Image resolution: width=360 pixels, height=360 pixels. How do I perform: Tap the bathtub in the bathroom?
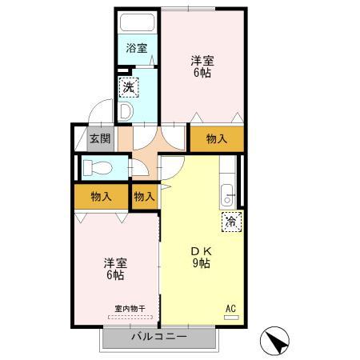tap(138, 22)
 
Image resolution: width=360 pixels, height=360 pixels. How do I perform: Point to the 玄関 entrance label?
tap(99, 138)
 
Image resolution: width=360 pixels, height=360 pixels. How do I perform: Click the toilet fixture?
tap(99, 168)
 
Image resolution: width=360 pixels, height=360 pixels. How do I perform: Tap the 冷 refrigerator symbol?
tap(230, 221)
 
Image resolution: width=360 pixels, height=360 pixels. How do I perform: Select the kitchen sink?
tap(227, 194)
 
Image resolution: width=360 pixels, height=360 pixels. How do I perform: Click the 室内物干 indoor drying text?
tap(128, 308)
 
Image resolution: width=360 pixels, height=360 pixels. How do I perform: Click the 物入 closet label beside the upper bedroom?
tap(217, 138)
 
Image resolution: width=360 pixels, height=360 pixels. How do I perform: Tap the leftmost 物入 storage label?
tap(100, 196)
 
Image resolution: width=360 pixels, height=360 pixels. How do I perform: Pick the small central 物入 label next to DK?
tap(144, 196)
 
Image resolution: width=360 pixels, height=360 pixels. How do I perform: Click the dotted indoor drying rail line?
tap(128, 317)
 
